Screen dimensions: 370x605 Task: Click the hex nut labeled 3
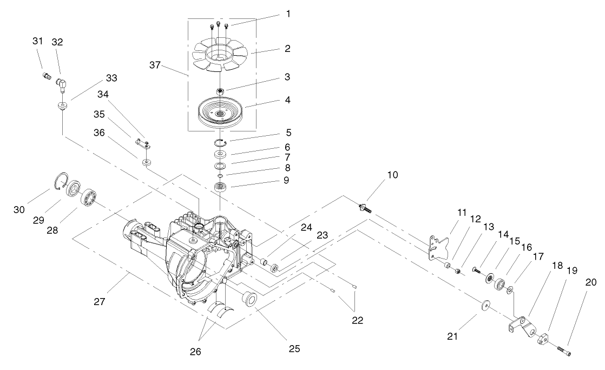(x=220, y=90)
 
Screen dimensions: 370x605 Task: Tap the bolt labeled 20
(x=563, y=352)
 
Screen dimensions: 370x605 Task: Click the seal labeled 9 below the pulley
(x=220, y=187)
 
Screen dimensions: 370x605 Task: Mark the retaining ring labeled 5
(x=220, y=142)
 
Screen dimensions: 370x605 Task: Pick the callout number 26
(x=196, y=351)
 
